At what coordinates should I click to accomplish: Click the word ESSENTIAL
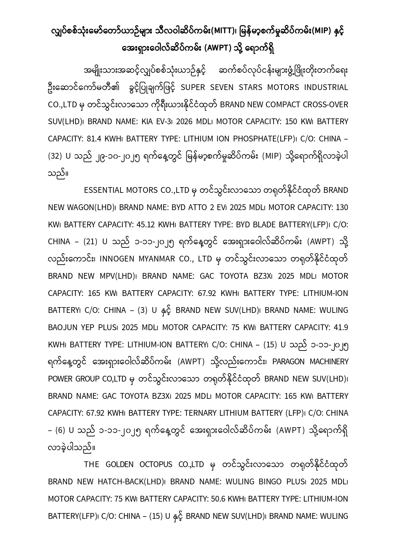104,190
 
